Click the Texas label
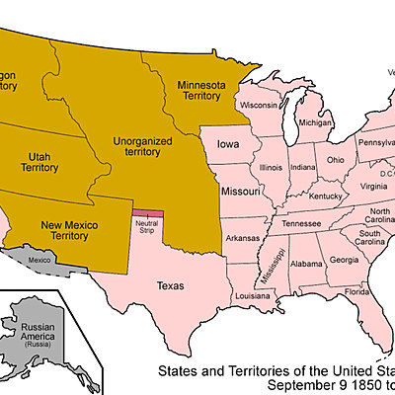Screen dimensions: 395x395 click(171, 285)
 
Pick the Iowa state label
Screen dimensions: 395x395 click(228, 145)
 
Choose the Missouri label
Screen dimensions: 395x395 click(240, 190)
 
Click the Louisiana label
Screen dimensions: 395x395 click(253, 295)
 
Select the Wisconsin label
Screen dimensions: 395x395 click(257, 105)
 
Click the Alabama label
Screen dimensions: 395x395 click(306, 264)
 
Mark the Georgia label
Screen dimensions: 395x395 click(344, 260)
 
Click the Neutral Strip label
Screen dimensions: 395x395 click(147, 227)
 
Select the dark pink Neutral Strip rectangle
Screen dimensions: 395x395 click(148, 212)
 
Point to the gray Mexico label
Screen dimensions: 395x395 click(39, 260)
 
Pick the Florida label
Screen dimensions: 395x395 click(356, 292)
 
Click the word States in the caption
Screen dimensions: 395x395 click(184, 372)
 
